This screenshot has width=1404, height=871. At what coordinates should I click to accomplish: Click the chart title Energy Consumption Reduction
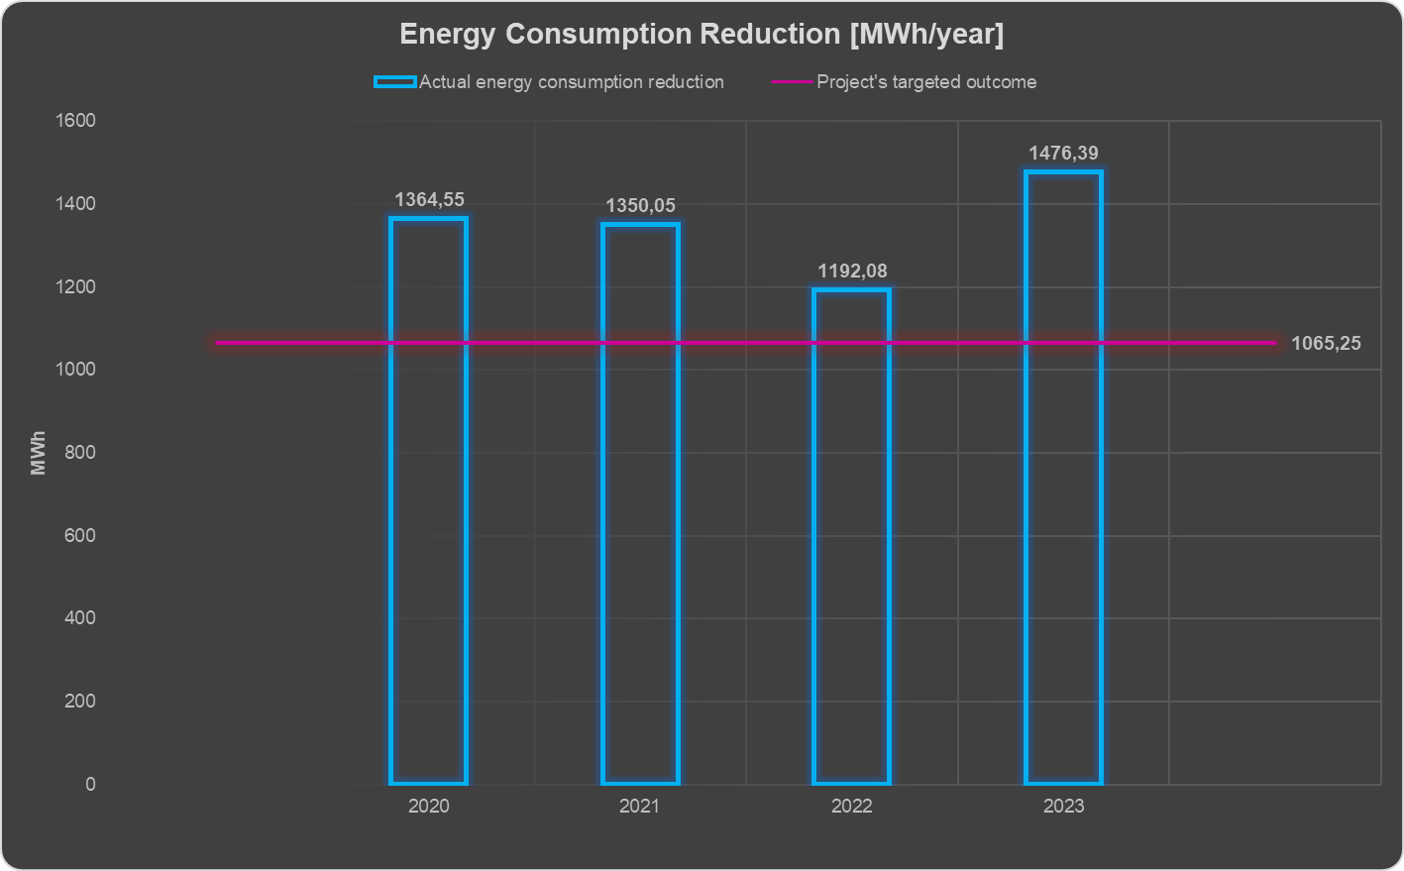[702, 35]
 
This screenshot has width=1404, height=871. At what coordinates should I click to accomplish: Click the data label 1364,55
[429, 200]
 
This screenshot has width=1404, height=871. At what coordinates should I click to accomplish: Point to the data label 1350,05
[640, 206]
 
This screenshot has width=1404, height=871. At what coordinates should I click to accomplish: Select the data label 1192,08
[852, 272]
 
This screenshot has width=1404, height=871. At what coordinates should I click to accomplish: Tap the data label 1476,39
[1063, 154]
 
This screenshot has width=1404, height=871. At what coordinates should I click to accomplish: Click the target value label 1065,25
[1326, 344]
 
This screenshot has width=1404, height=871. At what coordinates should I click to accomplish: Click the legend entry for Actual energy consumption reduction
[571, 82]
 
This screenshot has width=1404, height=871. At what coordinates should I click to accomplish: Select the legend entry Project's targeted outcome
[925, 82]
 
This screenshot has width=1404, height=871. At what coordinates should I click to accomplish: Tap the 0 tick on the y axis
[90, 784]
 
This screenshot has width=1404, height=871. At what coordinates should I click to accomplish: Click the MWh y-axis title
[39, 453]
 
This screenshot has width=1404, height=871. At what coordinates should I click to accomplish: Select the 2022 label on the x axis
[851, 807]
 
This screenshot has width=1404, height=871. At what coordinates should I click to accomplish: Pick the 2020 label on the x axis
[428, 807]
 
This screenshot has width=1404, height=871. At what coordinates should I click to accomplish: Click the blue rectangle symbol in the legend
[394, 82]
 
